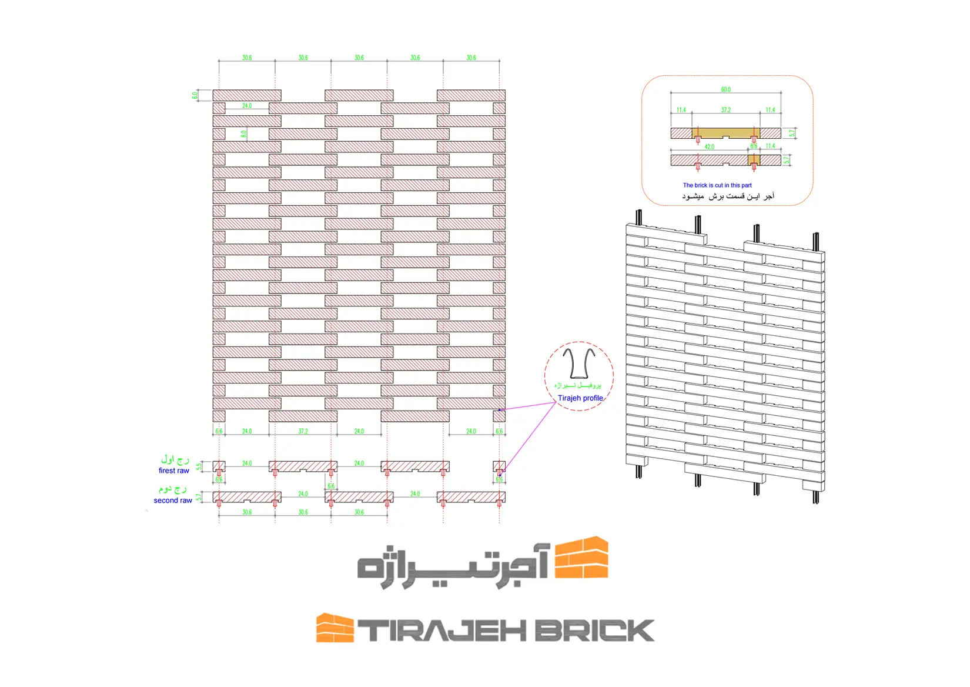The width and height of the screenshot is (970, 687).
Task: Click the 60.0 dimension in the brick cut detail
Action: tap(725, 89)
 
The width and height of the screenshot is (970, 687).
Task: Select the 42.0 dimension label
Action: tap(710, 146)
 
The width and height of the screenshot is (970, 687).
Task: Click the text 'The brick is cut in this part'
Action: tap(717, 185)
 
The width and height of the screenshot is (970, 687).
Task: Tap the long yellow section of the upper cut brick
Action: tap(725, 132)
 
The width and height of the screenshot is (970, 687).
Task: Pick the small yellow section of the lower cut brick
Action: tap(754, 159)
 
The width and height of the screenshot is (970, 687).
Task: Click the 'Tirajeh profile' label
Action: tap(580, 398)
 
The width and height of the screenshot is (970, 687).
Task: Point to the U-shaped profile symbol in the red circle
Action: tap(578, 363)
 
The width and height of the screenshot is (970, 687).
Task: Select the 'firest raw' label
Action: tap(173, 471)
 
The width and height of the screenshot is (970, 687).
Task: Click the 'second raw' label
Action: tap(173, 501)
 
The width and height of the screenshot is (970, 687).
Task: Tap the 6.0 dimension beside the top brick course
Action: tap(195, 95)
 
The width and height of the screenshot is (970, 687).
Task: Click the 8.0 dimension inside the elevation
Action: tap(244, 134)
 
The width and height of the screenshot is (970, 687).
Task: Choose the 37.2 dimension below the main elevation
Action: tap(303, 431)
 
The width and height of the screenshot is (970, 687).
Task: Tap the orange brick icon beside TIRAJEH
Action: tap(335, 628)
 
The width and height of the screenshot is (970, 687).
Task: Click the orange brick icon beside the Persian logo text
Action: tap(581, 558)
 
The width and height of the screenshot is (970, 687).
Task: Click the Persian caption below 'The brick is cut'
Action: tap(728, 196)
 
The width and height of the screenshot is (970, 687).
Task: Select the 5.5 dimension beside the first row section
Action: tap(199, 467)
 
